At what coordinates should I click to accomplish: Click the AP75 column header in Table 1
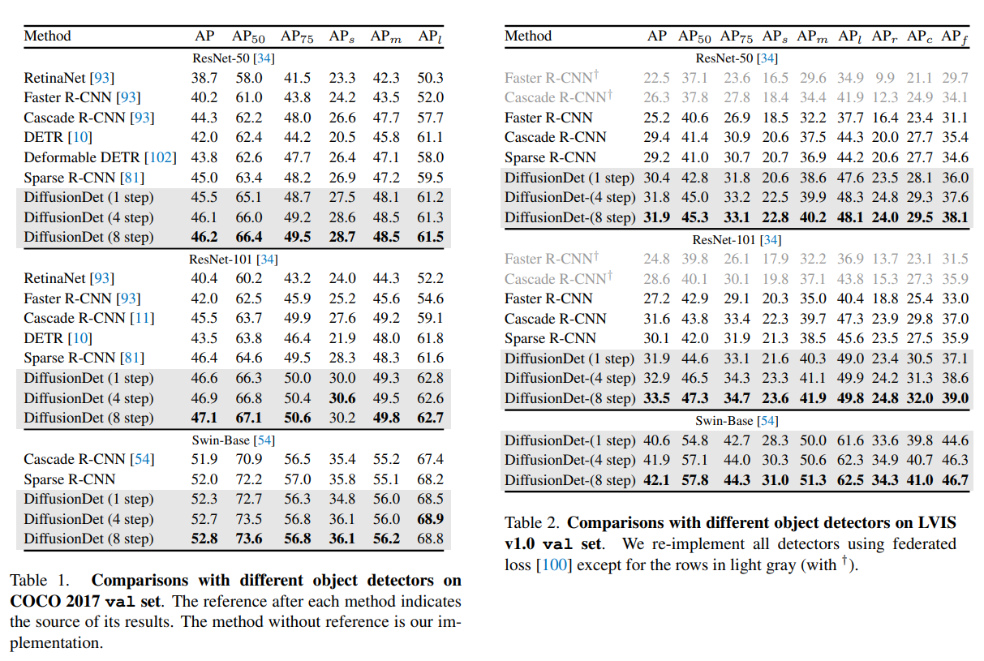(x=296, y=36)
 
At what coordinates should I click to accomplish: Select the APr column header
(x=886, y=36)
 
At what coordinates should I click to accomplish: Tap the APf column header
(x=954, y=36)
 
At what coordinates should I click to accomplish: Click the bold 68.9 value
(x=430, y=519)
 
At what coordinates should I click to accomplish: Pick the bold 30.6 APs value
(x=342, y=398)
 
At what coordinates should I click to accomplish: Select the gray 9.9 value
(x=886, y=78)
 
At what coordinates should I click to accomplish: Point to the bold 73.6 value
(x=248, y=539)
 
